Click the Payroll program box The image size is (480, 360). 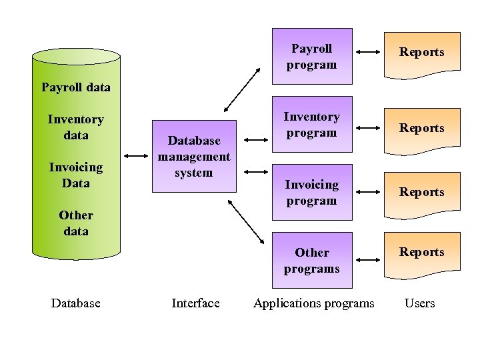click(x=311, y=57)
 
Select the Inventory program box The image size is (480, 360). click(x=311, y=125)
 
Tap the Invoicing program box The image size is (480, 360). click(x=311, y=193)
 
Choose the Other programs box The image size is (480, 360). click(x=311, y=261)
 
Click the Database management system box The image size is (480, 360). click(x=194, y=157)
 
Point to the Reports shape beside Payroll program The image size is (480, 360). click(x=422, y=52)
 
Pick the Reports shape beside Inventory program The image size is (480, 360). click(x=422, y=127)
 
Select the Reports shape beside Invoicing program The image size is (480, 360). click(x=422, y=192)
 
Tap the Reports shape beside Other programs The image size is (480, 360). click(x=422, y=252)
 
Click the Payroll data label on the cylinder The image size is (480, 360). click(x=76, y=87)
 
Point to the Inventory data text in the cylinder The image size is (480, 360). click(x=76, y=127)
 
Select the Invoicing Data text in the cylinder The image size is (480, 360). click(x=76, y=175)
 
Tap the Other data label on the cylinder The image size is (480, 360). click(x=76, y=223)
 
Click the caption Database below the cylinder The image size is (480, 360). click(x=76, y=303)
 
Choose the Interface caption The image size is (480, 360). click(x=195, y=303)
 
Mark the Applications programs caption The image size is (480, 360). click(x=314, y=303)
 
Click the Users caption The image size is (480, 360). click(x=420, y=303)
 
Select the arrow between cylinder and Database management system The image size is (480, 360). click(x=137, y=157)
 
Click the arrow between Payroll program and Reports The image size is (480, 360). click(x=368, y=52)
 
